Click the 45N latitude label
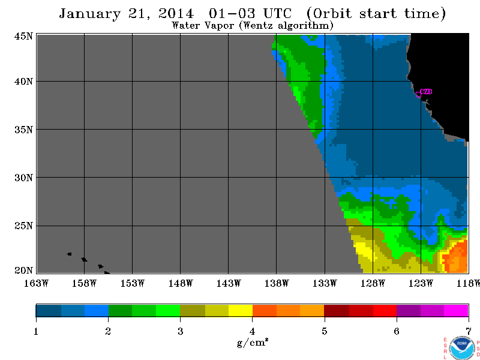point(23,37)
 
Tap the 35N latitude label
point(23,130)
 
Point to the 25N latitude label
point(23,226)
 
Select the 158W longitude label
point(84,283)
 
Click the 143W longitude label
point(229,283)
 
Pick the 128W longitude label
point(373,283)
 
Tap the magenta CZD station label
point(426,92)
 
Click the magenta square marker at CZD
point(418,95)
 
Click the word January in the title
point(89,14)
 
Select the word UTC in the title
point(277,13)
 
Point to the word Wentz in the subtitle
point(258,25)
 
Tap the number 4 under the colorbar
point(252,331)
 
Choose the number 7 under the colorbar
point(469,331)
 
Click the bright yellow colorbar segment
point(241,310)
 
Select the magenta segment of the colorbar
point(456,310)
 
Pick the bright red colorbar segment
point(385,310)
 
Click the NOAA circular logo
point(461,348)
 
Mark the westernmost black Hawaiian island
point(70,254)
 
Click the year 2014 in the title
point(176,14)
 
